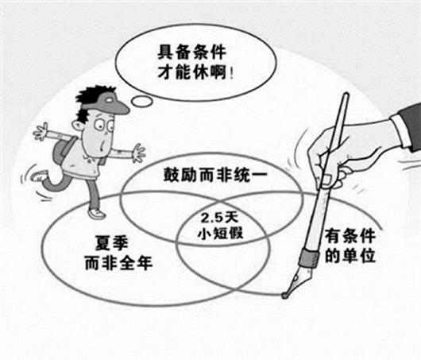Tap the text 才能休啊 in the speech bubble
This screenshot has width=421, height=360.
click(192, 72)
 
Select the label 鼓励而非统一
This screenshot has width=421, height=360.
click(215, 175)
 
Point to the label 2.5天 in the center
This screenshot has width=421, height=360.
click(219, 219)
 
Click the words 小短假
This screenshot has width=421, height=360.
click(220, 233)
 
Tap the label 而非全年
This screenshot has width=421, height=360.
click(118, 262)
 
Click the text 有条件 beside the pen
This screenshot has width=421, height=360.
click(350, 237)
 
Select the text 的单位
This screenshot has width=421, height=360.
click(350, 255)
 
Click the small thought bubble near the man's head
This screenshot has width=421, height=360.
click(141, 101)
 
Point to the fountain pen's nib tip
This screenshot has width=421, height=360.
click(284, 296)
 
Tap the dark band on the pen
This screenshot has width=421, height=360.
click(310, 258)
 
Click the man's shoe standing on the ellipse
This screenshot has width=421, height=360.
click(96, 213)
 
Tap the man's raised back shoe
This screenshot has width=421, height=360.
click(37, 176)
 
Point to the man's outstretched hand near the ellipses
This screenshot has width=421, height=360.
click(139, 153)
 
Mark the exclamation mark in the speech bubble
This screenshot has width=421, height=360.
click(231, 73)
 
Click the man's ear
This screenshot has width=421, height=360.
click(78, 126)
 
